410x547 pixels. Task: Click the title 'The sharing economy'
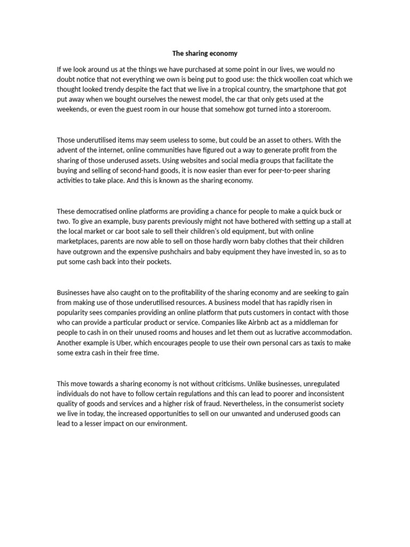click(204, 53)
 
